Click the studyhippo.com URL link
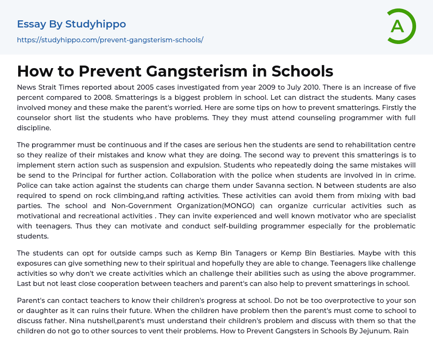(x=110, y=40)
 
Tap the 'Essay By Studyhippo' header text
(x=71, y=24)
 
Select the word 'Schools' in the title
(x=302, y=71)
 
